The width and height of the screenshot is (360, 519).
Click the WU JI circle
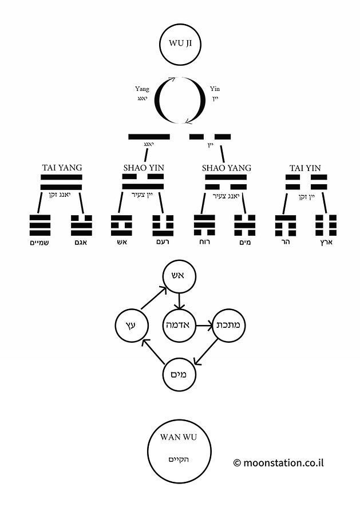pos(180,43)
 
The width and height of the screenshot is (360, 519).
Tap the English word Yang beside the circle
pos(142,89)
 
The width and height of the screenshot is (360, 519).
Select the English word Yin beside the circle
pos(215,89)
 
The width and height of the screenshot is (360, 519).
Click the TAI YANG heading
pos(62,168)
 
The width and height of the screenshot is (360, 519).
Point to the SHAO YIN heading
pos(144,168)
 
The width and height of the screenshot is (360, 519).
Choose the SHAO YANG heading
pos(227,168)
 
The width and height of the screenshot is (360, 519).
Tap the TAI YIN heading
pos(306,168)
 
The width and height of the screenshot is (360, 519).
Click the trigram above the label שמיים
pos(40,225)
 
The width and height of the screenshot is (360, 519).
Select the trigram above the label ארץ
pos(326,225)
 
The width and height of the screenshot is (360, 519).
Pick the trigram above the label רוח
pos(204,225)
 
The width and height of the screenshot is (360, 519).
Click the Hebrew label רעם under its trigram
pos(163,242)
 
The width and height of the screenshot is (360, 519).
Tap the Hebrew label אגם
pos(81,242)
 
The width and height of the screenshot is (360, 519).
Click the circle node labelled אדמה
pos(179,326)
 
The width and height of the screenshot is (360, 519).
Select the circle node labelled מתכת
pos(228,326)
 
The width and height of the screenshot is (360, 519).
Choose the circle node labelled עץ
pos(132,326)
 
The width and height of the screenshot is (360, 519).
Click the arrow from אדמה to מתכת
pos(204,326)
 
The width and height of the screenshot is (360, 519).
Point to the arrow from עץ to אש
pos(153,298)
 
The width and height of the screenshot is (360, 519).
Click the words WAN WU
pos(179,437)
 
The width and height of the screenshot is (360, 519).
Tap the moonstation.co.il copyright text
pos(278,462)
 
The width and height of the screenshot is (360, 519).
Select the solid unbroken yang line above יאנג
pos(149,137)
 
